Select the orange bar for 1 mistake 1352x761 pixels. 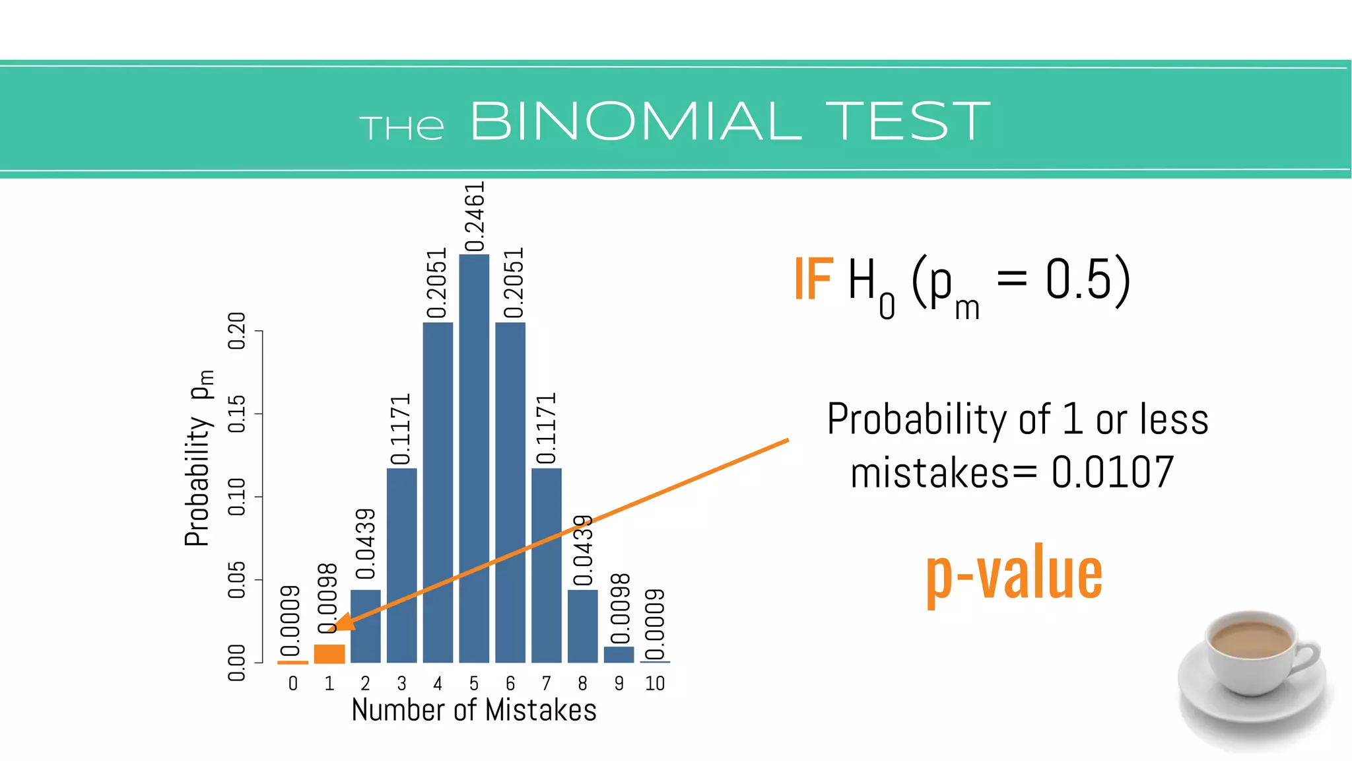(329, 653)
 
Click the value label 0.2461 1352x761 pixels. (475, 217)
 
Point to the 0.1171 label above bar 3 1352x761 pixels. (401, 429)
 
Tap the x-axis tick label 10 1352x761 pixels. (655, 684)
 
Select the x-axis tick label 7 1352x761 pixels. (546, 684)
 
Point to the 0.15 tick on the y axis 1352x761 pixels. (236, 414)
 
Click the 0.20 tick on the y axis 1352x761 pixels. (236, 331)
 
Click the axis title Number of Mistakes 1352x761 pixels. (474, 710)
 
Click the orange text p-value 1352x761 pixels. (1014, 573)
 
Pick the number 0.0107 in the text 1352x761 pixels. (1112, 473)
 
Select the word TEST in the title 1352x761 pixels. (908, 122)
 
